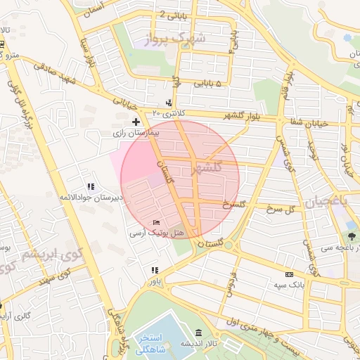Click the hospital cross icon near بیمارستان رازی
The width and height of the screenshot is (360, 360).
(136, 122)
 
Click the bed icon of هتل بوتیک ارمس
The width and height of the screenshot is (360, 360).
(156, 223)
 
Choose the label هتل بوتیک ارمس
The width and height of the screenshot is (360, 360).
(157, 233)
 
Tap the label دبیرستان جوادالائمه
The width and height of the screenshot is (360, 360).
(91, 197)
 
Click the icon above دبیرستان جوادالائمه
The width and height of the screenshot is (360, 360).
(91, 186)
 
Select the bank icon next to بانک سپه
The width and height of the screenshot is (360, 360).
(289, 275)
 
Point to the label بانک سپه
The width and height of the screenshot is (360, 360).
(289, 285)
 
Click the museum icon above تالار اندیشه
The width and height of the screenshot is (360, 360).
(199, 332)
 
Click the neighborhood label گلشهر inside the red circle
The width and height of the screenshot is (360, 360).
(205, 167)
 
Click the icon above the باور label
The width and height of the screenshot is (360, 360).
(154, 270)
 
